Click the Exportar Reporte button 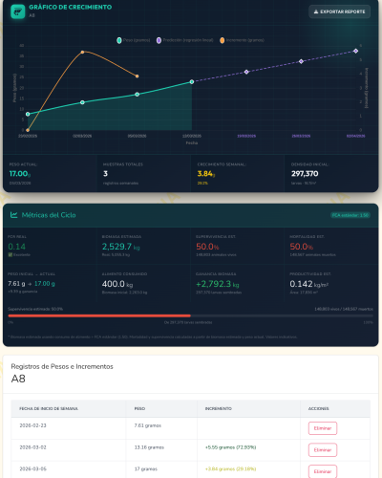click(339, 11)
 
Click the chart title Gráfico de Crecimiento click(64, 8)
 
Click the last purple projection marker click(355, 51)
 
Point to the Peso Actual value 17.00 click(20, 174)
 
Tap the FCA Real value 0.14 click(17, 247)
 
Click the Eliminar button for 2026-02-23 click(322, 427)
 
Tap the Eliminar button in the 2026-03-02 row click(322, 449)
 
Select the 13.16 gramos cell click(150, 446)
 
